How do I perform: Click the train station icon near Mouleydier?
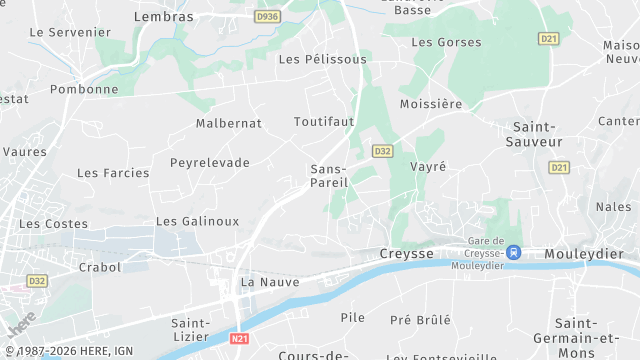(x=514, y=253)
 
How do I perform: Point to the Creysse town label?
(x=407, y=254)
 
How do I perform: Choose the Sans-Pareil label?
(x=329, y=176)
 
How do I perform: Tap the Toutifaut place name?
(x=324, y=121)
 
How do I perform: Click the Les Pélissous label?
(x=322, y=59)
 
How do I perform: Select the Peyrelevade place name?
(x=210, y=162)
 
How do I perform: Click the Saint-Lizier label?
(x=190, y=330)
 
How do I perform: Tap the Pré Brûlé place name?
(x=420, y=319)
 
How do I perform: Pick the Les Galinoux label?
(x=198, y=220)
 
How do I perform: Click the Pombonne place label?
(x=85, y=89)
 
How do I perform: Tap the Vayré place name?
(x=428, y=167)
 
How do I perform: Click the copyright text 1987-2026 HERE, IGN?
(x=71, y=351)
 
